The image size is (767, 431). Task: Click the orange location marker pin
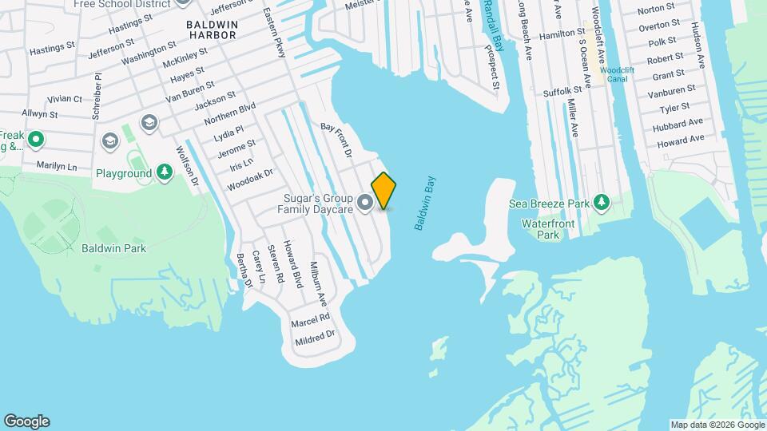point(384,190)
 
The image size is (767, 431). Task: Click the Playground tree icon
point(165,172)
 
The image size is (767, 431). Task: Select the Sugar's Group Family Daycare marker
point(366,204)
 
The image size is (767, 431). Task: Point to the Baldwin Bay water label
point(423,204)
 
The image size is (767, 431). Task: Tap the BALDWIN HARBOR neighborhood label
point(212,30)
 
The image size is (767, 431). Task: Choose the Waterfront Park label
point(548,229)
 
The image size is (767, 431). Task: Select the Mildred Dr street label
point(312,337)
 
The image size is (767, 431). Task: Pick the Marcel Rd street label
point(311,318)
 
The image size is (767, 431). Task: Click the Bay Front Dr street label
point(336,138)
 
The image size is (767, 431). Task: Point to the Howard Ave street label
point(681,141)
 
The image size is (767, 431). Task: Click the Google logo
point(26,421)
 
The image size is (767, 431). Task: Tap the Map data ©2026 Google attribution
point(716,425)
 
